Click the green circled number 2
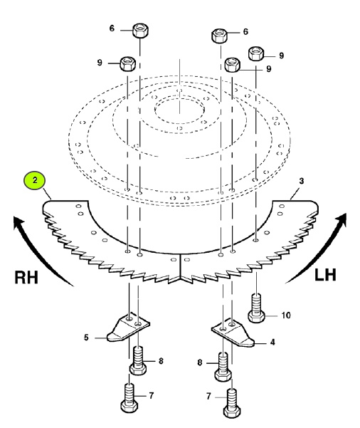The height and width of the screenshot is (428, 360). (x=35, y=180)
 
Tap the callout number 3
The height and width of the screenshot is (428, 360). (x=301, y=181)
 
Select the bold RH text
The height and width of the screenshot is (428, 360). (x=26, y=277)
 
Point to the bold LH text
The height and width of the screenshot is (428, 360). (x=325, y=275)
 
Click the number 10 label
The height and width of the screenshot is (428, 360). (x=285, y=315)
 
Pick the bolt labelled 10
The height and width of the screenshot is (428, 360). (x=256, y=308)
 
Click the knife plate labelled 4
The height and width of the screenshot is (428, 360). (x=233, y=334)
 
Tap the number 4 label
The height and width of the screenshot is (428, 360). (x=272, y=342)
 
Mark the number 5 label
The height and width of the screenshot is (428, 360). (x=86, y=338)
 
